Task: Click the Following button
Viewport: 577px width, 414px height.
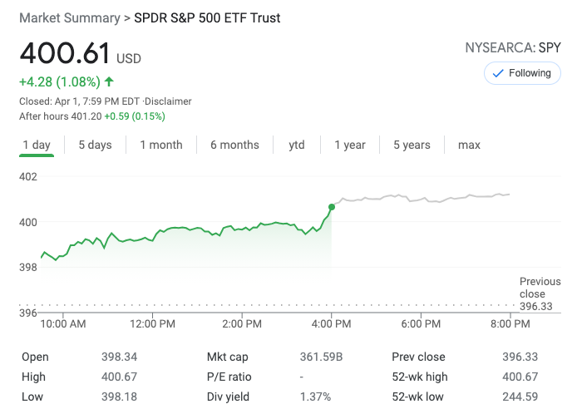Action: point(521,73)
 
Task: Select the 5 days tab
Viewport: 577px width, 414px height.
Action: point(95,145)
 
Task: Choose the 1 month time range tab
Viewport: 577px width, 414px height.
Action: point(161,145)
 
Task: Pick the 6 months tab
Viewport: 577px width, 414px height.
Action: point(234,145)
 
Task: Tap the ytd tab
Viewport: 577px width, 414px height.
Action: point(297,145)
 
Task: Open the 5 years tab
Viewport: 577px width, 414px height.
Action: point(412,145)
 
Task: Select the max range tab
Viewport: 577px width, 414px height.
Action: point(469,145)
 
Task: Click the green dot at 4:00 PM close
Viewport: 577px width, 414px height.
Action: point(332,206)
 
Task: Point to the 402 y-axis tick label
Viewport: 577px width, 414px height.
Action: point(28,176)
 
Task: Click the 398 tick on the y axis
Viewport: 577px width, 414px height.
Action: point(28,267)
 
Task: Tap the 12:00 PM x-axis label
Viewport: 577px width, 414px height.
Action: point(152,323)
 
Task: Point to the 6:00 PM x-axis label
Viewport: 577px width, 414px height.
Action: point(422,323)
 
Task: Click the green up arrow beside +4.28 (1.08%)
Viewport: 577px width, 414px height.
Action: point(109,81)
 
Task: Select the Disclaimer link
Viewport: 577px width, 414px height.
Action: point(169,101)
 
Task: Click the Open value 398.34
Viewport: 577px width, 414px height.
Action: point(119,357)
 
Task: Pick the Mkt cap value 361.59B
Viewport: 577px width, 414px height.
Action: point(321,357)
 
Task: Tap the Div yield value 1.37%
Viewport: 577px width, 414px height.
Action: point(315,396)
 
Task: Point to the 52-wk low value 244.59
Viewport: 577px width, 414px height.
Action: point(520,396)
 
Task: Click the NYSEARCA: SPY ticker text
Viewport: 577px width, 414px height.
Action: point(513,47)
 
